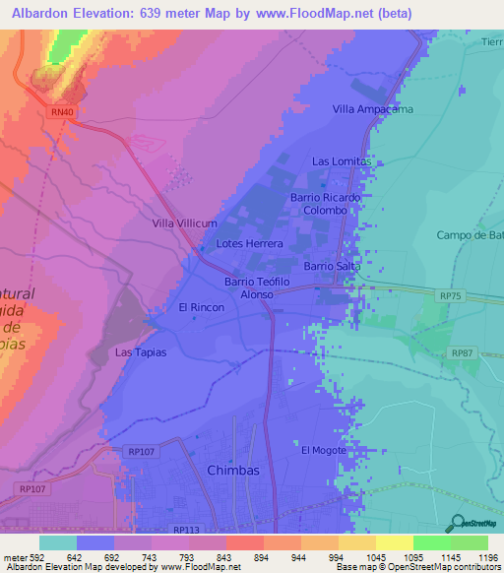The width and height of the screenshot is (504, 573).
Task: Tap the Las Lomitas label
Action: [x=342, y=160]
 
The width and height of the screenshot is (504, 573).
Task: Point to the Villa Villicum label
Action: [x=183, y=223]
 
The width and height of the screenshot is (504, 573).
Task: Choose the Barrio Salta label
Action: [x=332, y=266]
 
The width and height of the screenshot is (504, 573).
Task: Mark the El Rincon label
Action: [x=201, y=307]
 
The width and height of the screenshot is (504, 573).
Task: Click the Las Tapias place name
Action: [x=141, y=351]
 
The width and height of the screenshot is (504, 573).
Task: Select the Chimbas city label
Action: [x=233, y=471]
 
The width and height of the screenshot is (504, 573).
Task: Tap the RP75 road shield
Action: [x=450, y=294]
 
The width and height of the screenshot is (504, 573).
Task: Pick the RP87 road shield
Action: [x=461, y=352]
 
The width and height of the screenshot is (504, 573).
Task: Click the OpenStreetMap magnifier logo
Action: [x=457, y=521]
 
